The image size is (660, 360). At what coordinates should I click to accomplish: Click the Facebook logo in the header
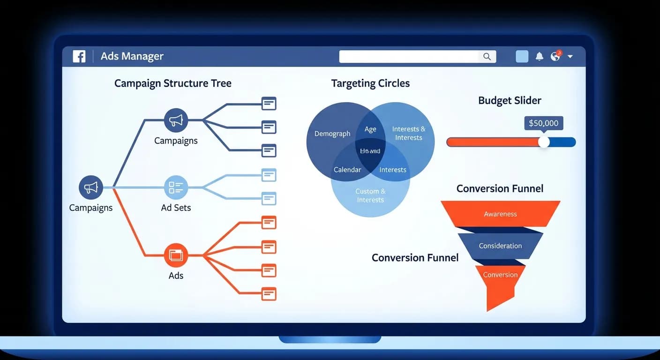[79, 57]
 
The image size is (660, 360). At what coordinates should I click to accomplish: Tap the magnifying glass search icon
[487, 57]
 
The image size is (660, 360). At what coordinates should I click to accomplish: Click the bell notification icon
[540, 57]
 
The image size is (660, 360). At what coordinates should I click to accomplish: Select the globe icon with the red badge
[555, 56]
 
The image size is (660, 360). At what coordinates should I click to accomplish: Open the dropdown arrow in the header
[570, 57]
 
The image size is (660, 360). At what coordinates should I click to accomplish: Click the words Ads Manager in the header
[132, 56]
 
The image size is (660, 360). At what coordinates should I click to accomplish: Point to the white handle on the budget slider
[544, 142]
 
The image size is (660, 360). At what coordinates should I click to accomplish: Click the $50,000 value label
[543, 123]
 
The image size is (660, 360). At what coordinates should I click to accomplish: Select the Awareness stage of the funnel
[500, 214]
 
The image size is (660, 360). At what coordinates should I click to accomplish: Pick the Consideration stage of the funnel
[500, 246]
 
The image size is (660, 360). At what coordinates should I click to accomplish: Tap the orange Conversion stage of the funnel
[500, 275]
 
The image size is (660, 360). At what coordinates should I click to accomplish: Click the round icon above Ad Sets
[176, 188]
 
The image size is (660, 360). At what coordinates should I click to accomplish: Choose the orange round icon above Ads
[176, 255]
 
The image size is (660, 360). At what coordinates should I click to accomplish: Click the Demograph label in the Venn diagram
[332, 134]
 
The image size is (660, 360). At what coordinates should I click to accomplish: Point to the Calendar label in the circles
[347, 170]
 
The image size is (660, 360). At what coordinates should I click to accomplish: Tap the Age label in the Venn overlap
[370, 129]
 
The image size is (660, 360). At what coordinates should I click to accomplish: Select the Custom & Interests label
[370, 195]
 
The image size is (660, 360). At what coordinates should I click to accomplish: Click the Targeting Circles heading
[370, 83]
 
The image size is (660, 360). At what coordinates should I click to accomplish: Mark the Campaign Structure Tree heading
[173, 83]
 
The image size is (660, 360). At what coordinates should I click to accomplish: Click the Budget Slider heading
[510, 100]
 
